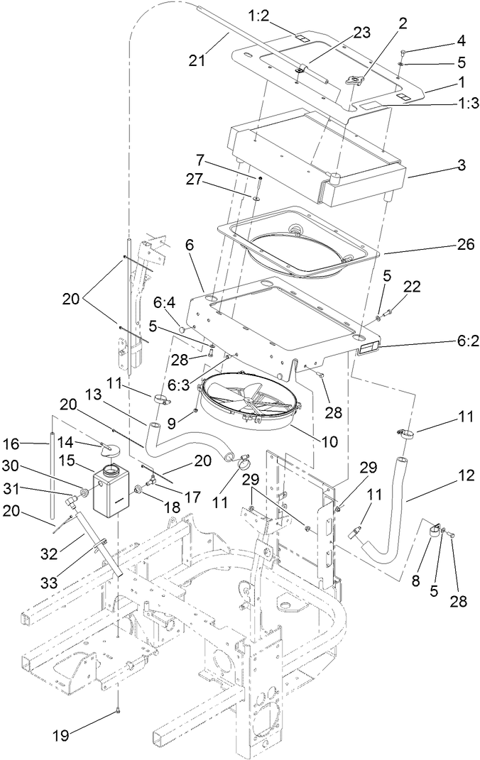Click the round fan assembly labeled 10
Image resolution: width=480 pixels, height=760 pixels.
(x=249, y=401)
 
